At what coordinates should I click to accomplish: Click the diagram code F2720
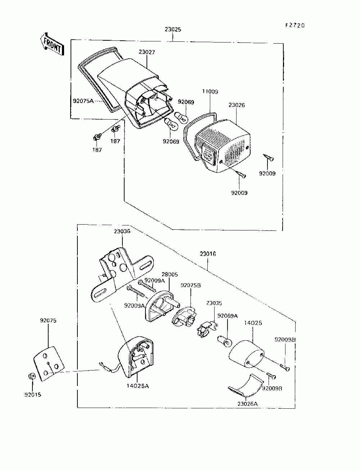pyautogui.click(x=295, y=25)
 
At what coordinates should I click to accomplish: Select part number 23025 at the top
pyautogui.click(x=173, y=30)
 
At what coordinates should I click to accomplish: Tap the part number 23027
pyautogui.click(x=147, y=52)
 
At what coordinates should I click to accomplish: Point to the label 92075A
pyautogui.click(x=83, y=101)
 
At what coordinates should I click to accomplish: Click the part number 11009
pyautogui.click(x=210, y=91)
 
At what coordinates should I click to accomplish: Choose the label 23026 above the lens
pyautogui.click(x=237, y=105)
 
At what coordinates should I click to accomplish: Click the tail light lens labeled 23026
pyautogui.click(x=223, y=146)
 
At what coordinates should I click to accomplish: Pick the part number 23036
pyautogui.click(x=122, y=231)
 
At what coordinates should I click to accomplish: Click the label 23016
pyautogui.click(x=208, y=254)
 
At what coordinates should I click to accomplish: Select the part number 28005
pyautogui.click(x=170, y=274)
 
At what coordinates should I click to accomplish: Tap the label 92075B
pyautogui.click(x=191, y=285)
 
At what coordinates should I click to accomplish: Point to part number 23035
pyautogui.click(x=214, y=303)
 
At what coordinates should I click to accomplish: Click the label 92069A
pyautogui.click(x=228, y=316)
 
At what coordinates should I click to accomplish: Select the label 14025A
pyautogui.click(x=138, y=386)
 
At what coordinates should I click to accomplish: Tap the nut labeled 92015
pyautogui.click(x=31, y=376)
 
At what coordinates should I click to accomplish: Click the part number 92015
pyautogui.click(x=33, y=395)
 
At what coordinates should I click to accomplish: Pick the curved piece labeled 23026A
pyautogui.click(x=246, y=385)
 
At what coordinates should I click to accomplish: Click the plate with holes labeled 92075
pyautogui.click(x=49, y=363)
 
